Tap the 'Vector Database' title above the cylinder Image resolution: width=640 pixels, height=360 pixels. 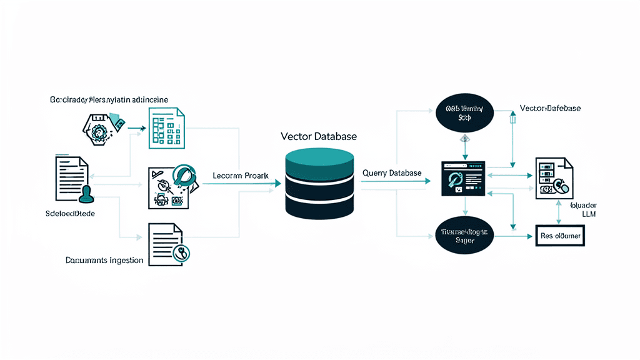pyautogui.click(x=319, y=136)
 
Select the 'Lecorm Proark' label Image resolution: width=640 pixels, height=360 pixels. pyautogui.click(x=241, y=176)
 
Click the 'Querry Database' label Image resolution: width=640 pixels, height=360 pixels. pyautogui.click(x=392, y=172)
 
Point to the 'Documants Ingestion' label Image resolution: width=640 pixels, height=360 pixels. pyautogui.click(x=104, y=260)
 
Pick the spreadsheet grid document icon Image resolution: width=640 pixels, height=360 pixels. pyautogui.click(x=166, y=128)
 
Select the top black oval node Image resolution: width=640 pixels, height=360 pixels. pyautogui.click(x=463, y=112)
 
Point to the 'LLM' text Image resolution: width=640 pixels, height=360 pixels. pyautogui.click(x=589, y=214)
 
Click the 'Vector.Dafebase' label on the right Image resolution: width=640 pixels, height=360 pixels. pyautogui.click(x=550, y=109)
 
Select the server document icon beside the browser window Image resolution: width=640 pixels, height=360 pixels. pyautogui.click(x=554, y=179)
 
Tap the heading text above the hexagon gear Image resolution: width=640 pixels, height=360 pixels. pyautogui.click(x=109, y=99)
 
